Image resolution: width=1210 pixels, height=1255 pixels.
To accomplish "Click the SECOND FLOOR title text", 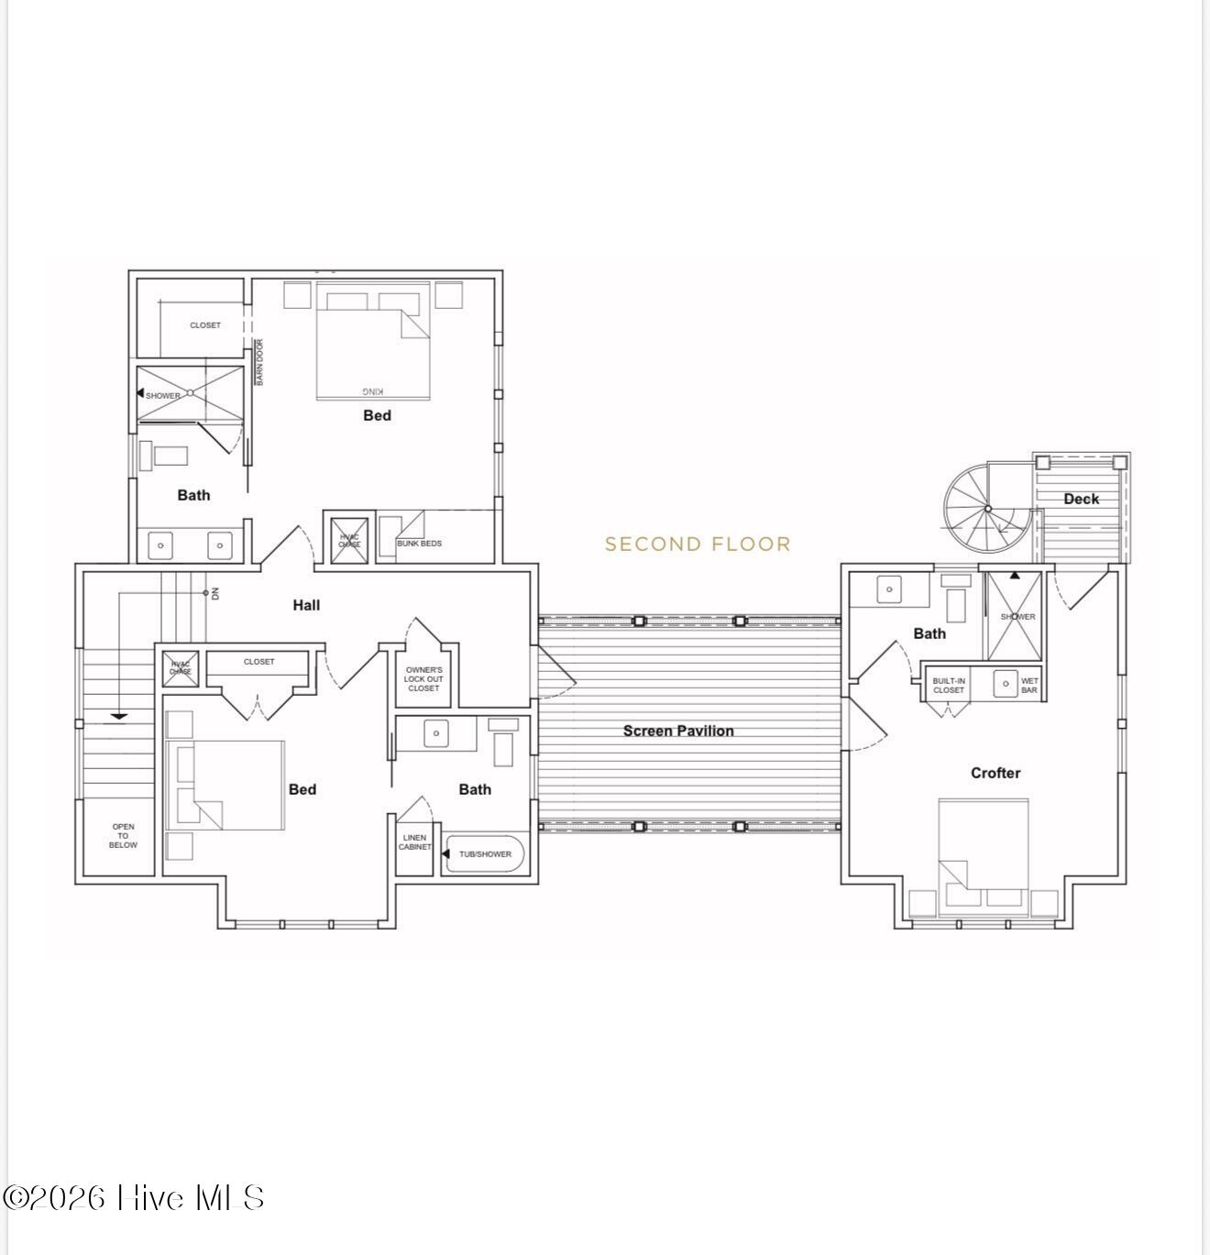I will tap(698, 545).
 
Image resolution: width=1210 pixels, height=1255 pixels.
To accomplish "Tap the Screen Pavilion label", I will tap(678, 731).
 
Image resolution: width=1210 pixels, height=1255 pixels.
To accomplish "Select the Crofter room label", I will tap(995, 773).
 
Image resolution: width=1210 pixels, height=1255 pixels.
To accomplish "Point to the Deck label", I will tap(1081, 499).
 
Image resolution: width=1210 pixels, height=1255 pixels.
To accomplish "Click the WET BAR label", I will tap(1029, 686).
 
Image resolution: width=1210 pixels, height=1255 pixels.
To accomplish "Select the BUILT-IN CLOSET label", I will tap(949, 686).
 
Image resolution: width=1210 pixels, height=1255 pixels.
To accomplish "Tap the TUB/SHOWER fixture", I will tap(485, 854).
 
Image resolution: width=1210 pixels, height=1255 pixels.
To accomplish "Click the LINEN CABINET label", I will tap(414, 842).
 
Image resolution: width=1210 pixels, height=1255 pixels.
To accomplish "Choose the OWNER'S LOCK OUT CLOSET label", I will tap(423, 679).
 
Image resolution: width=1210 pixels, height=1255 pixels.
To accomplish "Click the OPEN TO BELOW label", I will tap(123, 836).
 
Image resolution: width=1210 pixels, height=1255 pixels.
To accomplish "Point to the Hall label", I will tap(306, 605).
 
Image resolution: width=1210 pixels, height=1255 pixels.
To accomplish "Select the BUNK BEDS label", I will tap(419, 544).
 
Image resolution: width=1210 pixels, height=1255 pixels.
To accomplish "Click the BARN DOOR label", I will tap(259, 362).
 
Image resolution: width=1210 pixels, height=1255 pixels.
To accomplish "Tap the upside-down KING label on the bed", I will tap(373, 390).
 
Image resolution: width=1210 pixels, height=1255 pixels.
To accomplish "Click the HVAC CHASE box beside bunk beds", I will tap(349, 541).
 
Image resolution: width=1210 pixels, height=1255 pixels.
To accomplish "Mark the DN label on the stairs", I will tap(215, 593).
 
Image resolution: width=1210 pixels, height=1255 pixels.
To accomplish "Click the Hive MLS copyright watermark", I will tap(135, 1198).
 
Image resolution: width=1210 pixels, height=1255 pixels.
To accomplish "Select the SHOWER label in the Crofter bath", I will tap(1017, 617).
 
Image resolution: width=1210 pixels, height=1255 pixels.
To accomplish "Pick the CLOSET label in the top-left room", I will tap(204, 325).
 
